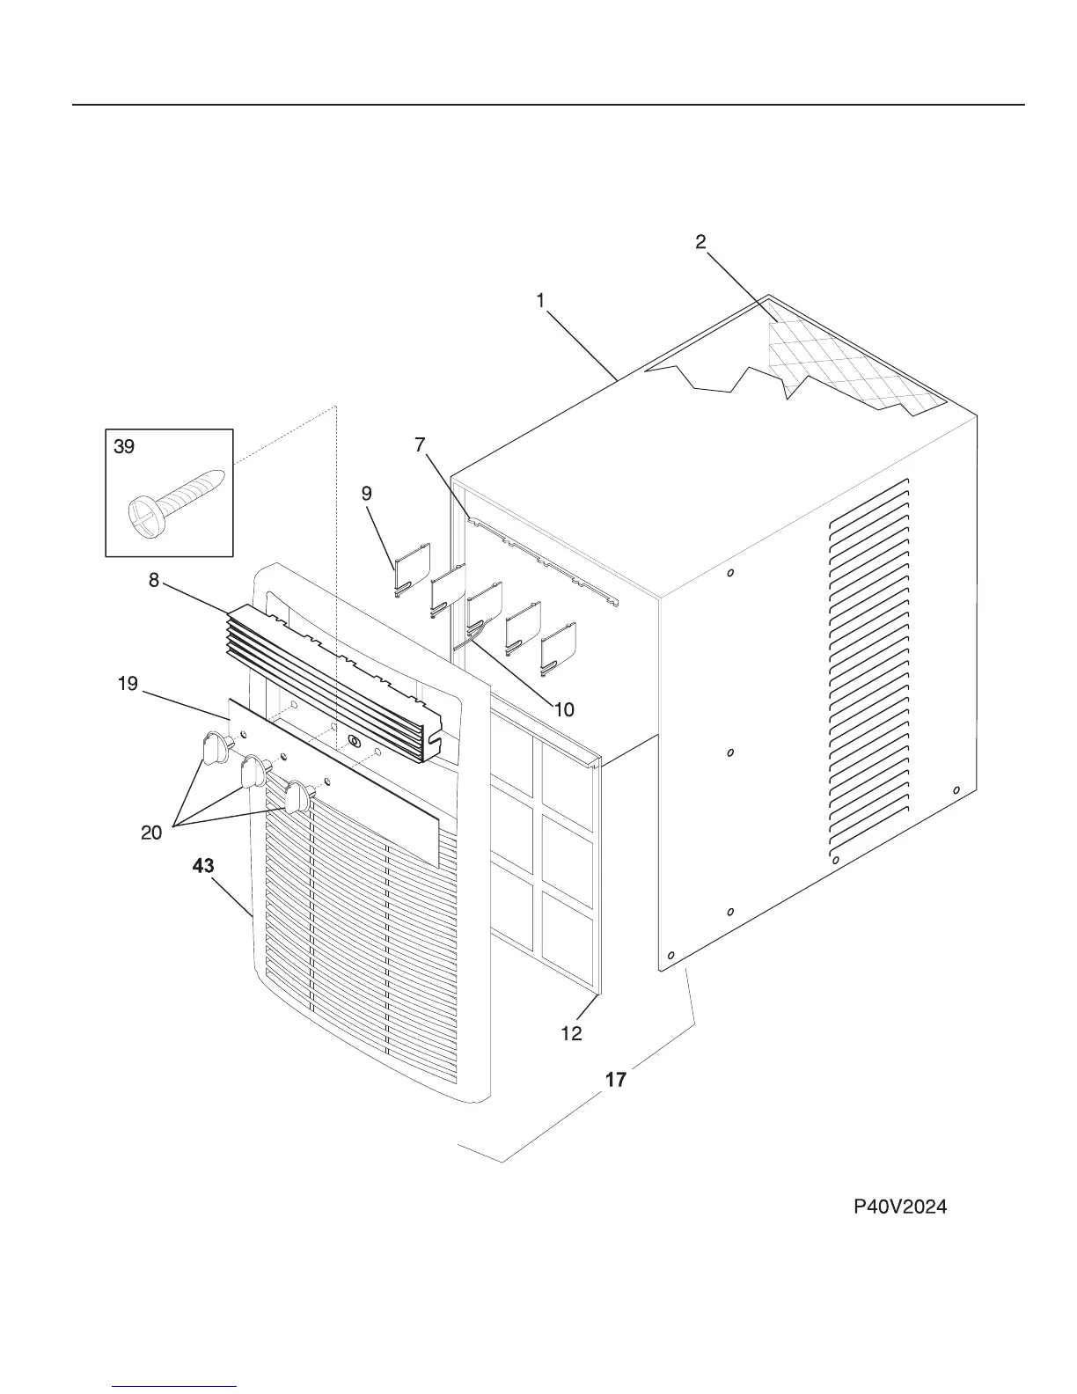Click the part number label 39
124,447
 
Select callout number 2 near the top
700,242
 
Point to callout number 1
540,301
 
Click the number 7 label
420,445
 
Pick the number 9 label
367,494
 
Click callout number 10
564,709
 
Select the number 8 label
154,581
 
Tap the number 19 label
128,684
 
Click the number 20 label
151,833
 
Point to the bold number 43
203,867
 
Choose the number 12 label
571,1033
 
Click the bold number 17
616,1079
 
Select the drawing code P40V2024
900,1207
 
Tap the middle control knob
253,772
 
